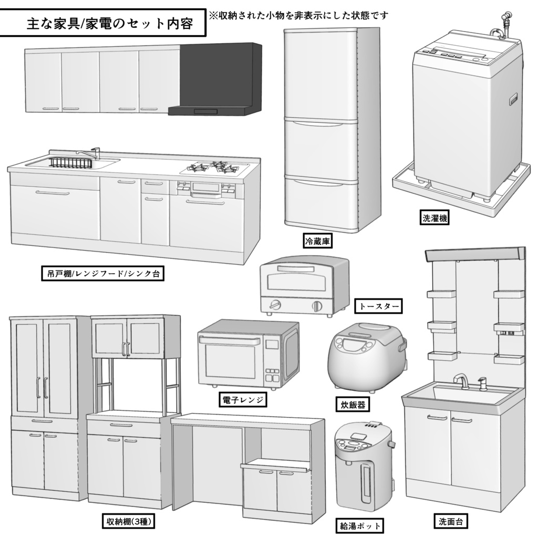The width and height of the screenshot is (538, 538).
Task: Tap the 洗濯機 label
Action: tap(435, 218)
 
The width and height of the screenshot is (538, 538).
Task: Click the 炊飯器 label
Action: tap(350, 405)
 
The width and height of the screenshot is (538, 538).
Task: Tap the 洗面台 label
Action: tap(450, 522)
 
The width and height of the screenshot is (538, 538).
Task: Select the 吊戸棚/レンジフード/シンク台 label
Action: tap(102, 274)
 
